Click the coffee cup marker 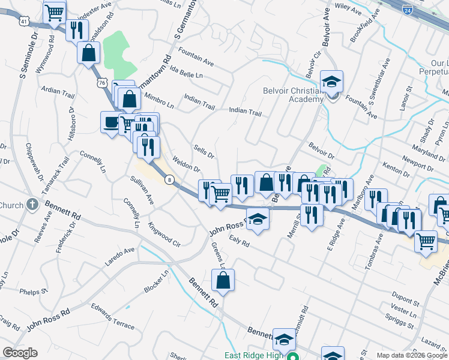click(110, 122)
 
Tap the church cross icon click(32, 204)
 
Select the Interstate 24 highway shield click(408, 10)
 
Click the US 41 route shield click(23, 20)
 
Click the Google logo click(20, 353)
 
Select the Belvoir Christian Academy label click(293, 95)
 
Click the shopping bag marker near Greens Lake click(223, 280)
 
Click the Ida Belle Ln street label click(187, 76)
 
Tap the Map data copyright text click(412, 355)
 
